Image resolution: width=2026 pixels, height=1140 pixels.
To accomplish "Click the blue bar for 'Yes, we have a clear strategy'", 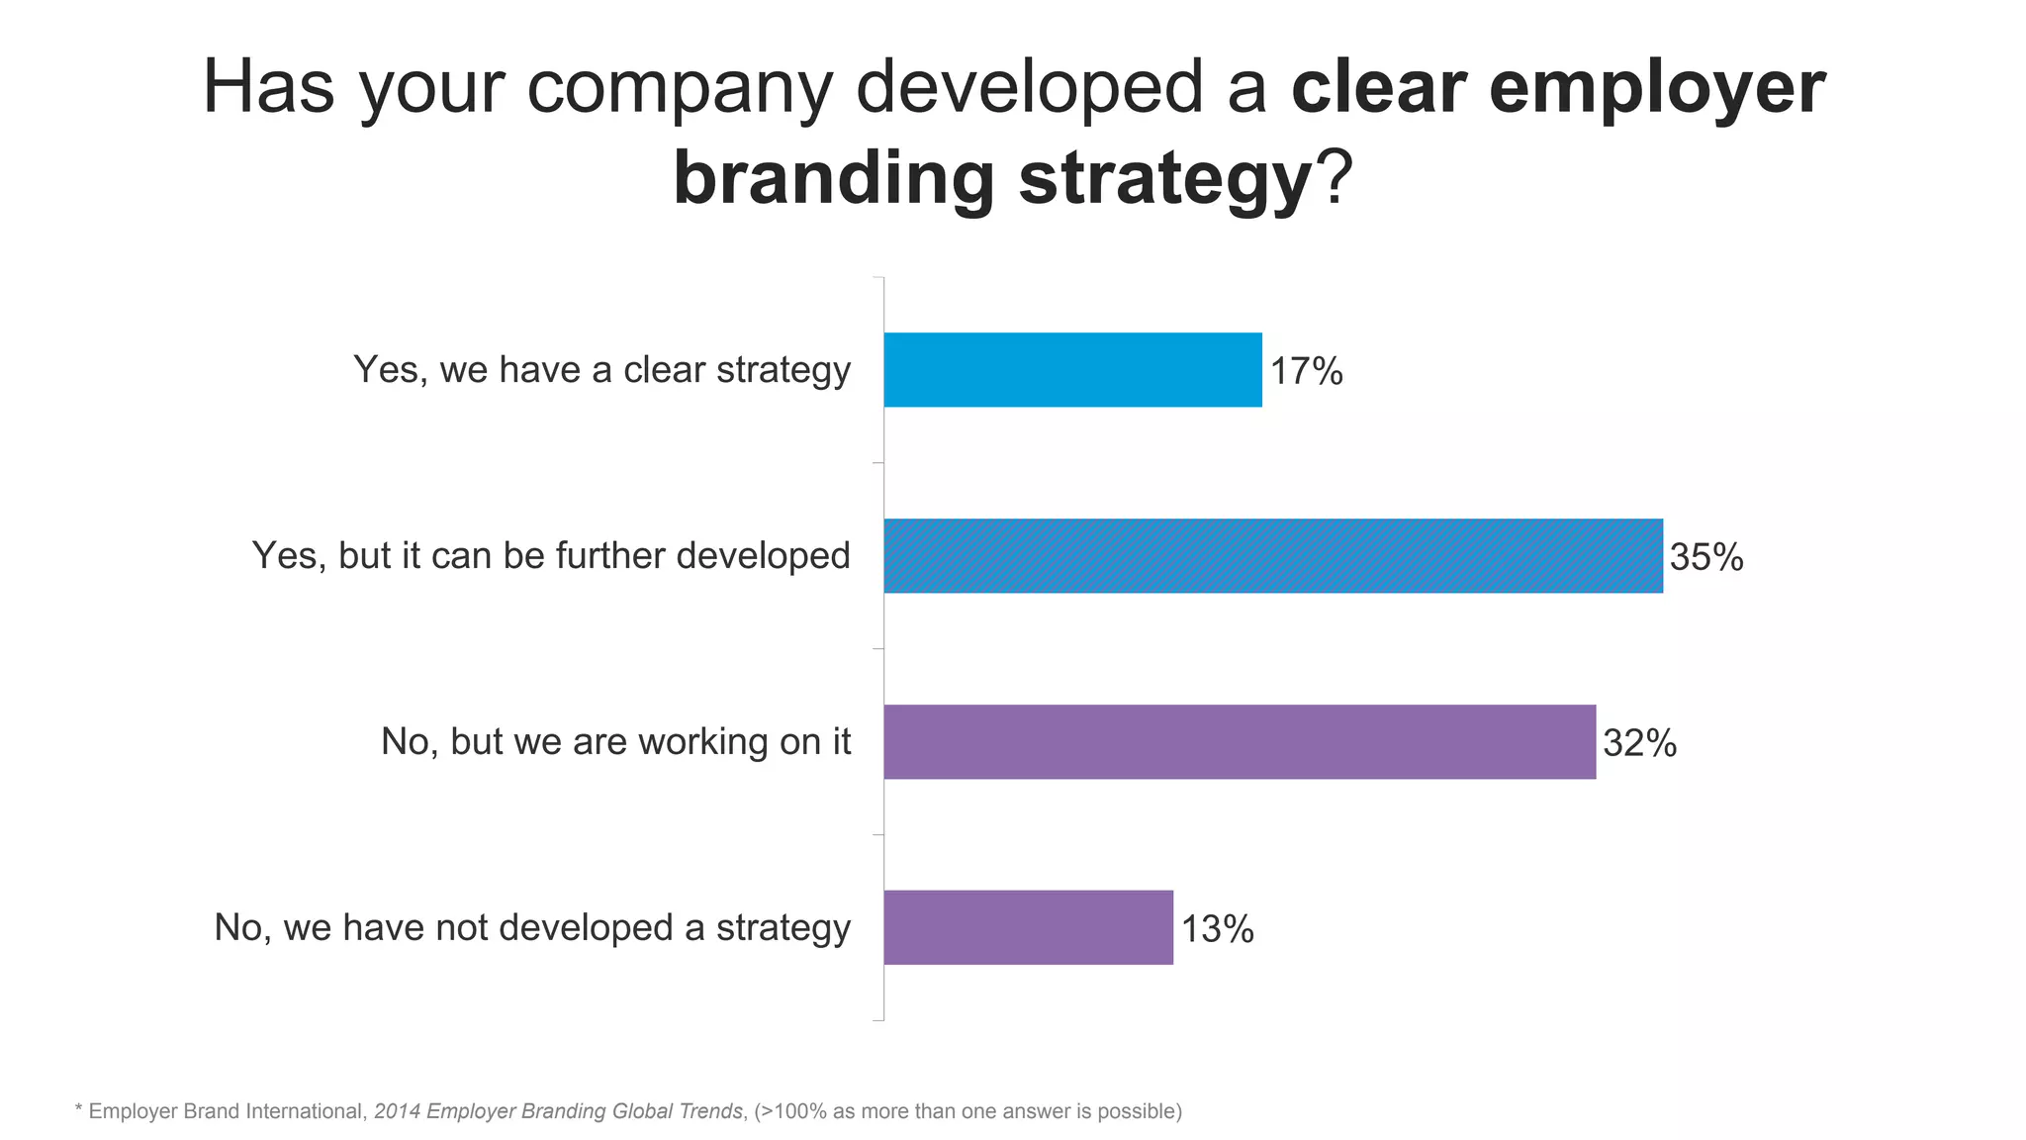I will (1072, 370).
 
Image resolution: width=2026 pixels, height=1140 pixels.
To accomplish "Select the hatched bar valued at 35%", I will (1273, 556).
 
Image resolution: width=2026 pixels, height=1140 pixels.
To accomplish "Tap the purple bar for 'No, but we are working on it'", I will (1240, 742).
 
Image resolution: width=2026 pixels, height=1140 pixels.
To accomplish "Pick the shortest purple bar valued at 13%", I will (1028, 927).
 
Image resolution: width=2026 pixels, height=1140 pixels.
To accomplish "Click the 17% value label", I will (1306, 372).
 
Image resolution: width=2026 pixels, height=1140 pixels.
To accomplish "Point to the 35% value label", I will (1706, 558).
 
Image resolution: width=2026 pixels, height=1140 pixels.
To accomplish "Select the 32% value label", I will (1639, 743).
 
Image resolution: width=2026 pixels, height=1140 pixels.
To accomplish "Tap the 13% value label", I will (1217, 929).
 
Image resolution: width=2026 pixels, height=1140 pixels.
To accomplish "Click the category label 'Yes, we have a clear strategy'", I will (601, 370).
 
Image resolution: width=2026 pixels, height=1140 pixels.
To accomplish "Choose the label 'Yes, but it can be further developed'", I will (551, 556).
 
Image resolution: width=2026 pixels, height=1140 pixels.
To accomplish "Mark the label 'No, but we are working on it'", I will (615, 742).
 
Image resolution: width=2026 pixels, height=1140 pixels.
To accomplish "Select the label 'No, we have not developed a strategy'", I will (532, 928).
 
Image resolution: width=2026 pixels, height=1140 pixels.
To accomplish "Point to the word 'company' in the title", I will (681, 89).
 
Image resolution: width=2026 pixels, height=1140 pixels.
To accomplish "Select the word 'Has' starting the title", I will (268, 87).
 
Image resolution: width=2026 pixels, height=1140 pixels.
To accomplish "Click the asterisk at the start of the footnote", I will (79, 1110).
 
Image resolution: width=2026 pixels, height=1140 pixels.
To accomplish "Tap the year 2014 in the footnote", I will (397, 1111).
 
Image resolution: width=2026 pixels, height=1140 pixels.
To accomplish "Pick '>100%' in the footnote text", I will (793, 1111).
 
